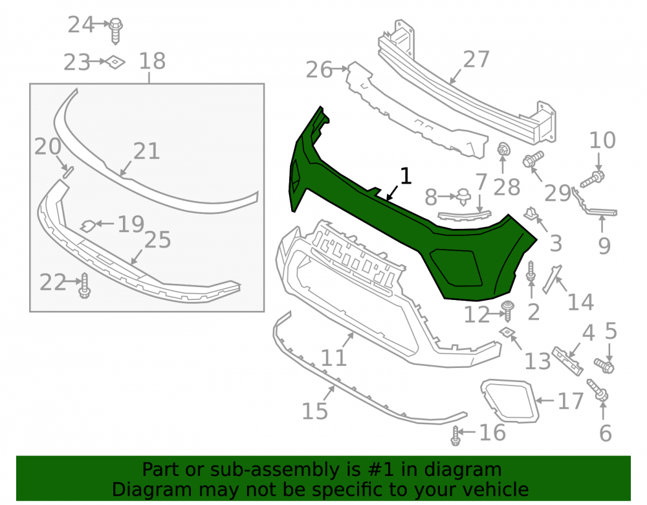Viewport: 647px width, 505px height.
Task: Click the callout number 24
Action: [80, 25]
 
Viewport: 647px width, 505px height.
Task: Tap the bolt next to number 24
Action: [116, 30]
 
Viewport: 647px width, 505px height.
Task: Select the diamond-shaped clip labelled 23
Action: [115, 62]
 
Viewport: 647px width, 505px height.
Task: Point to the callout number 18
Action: [152, 61]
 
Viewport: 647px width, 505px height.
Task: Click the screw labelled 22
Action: [85, 285]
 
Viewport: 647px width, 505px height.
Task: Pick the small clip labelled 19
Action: [88, 226]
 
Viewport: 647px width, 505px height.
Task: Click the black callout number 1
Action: [406, 176]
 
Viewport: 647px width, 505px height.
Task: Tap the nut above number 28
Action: [503, 149]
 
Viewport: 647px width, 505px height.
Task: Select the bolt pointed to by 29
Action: [533, 158]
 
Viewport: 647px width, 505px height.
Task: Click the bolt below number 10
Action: [593, 179]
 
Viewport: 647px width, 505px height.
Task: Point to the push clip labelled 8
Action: [464, 197]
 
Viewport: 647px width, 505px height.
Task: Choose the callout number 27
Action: [476, 59]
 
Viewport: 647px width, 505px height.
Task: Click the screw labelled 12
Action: [507, 311]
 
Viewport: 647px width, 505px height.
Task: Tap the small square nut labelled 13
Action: [506, 332]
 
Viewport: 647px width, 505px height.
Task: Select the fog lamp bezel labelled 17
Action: [510, 401]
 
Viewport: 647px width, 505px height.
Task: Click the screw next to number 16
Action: [455, 435]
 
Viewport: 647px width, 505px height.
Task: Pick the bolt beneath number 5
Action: [604, 365]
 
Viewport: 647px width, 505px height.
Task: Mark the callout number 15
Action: [315, 411]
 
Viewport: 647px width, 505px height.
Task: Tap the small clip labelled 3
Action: [532, 213]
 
